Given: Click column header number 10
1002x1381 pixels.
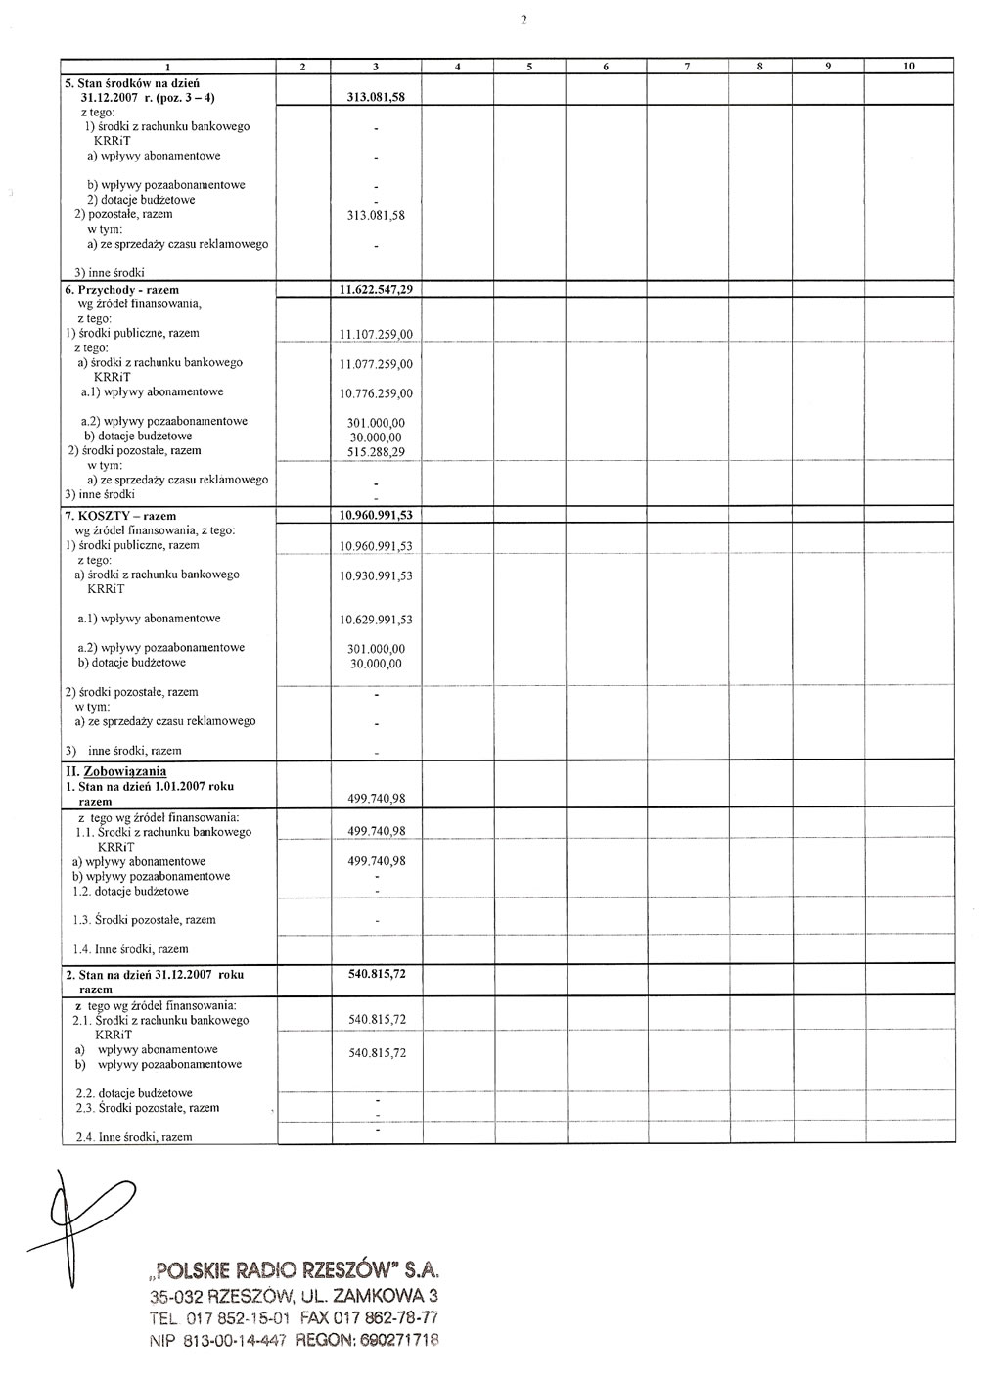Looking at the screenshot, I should pyautogui.click(x=908, y=67).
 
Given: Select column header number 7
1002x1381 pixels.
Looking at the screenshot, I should pyautogui.click(x=688, y=67).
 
